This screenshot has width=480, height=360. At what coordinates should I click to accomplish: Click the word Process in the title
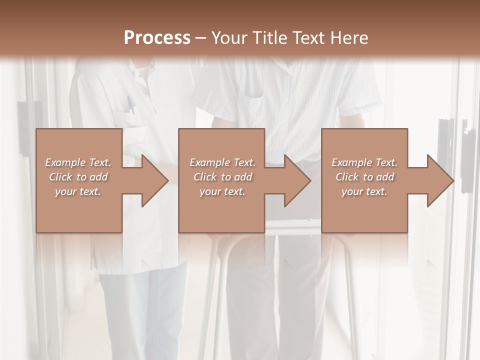tap(157, 38)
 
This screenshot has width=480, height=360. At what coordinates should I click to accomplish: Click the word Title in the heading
tap(270, 38)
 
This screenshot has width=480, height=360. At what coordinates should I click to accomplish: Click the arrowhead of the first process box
tap(155, 180)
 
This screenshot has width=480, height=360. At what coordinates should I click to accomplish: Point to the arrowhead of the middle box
tap(298, 180)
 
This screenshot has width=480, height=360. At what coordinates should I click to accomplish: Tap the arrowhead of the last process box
tap(440, 180)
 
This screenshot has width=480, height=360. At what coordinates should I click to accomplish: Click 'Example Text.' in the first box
tap(78, 162)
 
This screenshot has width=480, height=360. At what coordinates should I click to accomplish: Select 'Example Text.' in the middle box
tap(222, 162)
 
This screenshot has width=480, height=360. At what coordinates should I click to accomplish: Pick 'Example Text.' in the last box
tap(364, 162)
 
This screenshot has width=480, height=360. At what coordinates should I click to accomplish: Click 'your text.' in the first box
tap(78, 191)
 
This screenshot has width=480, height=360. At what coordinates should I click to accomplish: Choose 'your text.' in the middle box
tap(222, 191)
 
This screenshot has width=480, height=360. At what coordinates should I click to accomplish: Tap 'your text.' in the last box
tap(364, 191)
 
